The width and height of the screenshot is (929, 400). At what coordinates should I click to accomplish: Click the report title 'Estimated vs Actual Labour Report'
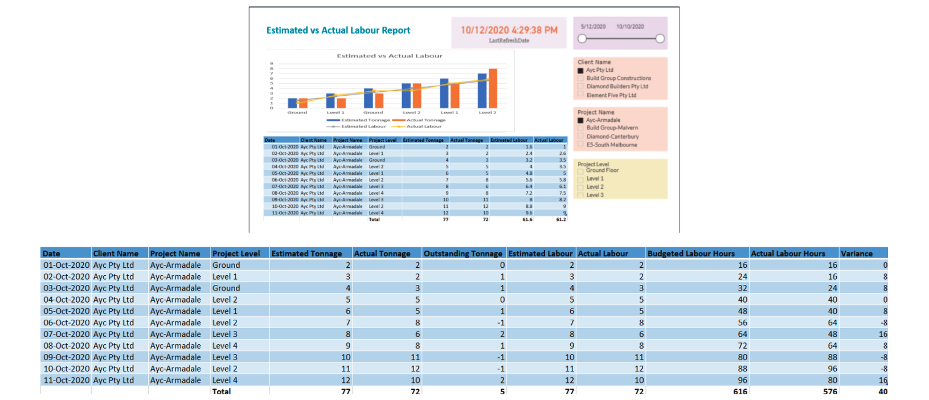(x=338, y=31)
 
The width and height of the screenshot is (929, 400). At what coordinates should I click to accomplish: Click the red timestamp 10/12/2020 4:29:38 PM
(x=509, y=30)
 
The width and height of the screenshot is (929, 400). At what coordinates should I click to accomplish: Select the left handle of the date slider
(x=582, y=39)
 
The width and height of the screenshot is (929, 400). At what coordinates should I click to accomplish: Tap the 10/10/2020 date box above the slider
(x=630, y=27)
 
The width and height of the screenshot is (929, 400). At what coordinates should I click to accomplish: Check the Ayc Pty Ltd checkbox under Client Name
(x=580, y=71)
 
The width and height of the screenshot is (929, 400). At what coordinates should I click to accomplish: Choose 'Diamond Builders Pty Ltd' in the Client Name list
(x=617, y=87)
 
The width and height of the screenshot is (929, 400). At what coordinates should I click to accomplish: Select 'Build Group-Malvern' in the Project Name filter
(x=612, y=128)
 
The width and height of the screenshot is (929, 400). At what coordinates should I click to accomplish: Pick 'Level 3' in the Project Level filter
(x=595, y=195)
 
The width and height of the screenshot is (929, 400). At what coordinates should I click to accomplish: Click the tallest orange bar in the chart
(x=493, y=88)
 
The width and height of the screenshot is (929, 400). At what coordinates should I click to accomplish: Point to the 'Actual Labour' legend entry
(x=424, y=126)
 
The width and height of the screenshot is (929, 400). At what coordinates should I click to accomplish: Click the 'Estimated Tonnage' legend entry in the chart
(x=365, y=120)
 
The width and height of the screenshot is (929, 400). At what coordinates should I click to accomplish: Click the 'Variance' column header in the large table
(x=856, y=254)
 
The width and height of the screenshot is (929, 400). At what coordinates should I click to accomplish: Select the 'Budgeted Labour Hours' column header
(x=691, y=254)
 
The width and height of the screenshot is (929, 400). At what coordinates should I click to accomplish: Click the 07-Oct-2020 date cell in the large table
(x=66, y=334)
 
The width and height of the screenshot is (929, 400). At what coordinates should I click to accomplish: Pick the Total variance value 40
(x=882, y=391)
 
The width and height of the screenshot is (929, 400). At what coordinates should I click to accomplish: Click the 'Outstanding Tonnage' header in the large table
(x=463, y=254)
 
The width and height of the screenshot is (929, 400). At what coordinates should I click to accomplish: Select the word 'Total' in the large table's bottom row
(x=221, y=391)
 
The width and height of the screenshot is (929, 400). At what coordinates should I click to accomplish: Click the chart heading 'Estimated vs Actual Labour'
(x=389, y=56)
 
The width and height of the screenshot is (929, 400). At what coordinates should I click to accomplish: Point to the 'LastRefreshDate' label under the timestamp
(x=509, y=41)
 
